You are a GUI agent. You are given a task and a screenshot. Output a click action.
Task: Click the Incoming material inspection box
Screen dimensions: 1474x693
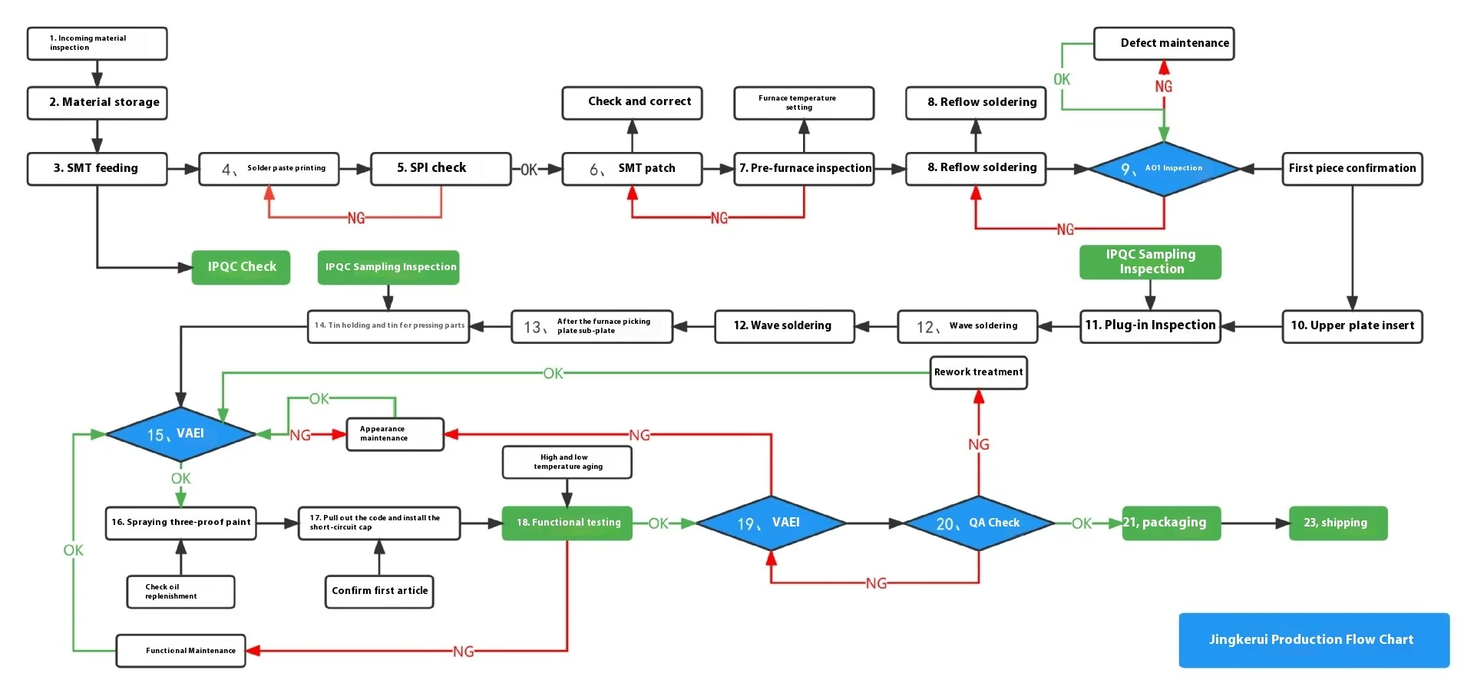click(97, 44)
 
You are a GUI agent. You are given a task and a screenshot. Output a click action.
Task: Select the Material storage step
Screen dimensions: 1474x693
click(97, 103)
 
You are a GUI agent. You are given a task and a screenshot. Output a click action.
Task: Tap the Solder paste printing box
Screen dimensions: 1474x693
click(269, 169)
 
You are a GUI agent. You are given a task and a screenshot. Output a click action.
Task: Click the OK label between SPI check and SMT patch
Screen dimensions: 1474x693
click(529, 170)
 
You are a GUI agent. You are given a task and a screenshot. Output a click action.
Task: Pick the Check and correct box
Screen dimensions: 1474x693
click(632, 103)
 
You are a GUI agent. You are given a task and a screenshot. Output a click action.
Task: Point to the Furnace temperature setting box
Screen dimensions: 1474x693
click(804, 103)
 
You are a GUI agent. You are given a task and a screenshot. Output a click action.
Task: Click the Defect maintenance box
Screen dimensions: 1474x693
click(1164, 44)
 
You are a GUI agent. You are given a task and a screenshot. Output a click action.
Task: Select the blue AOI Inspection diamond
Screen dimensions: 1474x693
click(1164, 169)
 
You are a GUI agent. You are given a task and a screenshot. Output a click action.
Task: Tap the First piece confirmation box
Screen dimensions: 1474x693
click(1352, 169)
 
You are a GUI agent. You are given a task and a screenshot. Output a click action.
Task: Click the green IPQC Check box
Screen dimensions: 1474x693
click(241, 267)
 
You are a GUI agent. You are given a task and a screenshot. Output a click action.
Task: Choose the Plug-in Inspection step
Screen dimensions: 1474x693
click(1150, 326)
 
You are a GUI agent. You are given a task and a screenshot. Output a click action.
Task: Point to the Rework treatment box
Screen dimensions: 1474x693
click(979, 372)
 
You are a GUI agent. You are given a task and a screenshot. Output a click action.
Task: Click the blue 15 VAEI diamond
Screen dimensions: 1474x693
click(180, 434)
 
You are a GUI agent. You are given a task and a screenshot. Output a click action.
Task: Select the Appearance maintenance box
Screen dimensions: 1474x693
click(395, 434)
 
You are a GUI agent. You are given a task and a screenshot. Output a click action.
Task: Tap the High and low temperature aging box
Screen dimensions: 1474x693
click(567, 462)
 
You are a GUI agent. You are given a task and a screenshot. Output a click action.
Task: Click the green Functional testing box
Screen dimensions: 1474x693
click(567, 523)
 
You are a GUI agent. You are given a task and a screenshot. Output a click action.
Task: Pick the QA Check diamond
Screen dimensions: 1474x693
click(979, 523)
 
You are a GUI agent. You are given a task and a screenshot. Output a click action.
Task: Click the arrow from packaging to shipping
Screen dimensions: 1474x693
click(1255, 523)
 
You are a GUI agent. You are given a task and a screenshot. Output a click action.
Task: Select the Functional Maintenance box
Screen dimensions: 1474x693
click(181, 651)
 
